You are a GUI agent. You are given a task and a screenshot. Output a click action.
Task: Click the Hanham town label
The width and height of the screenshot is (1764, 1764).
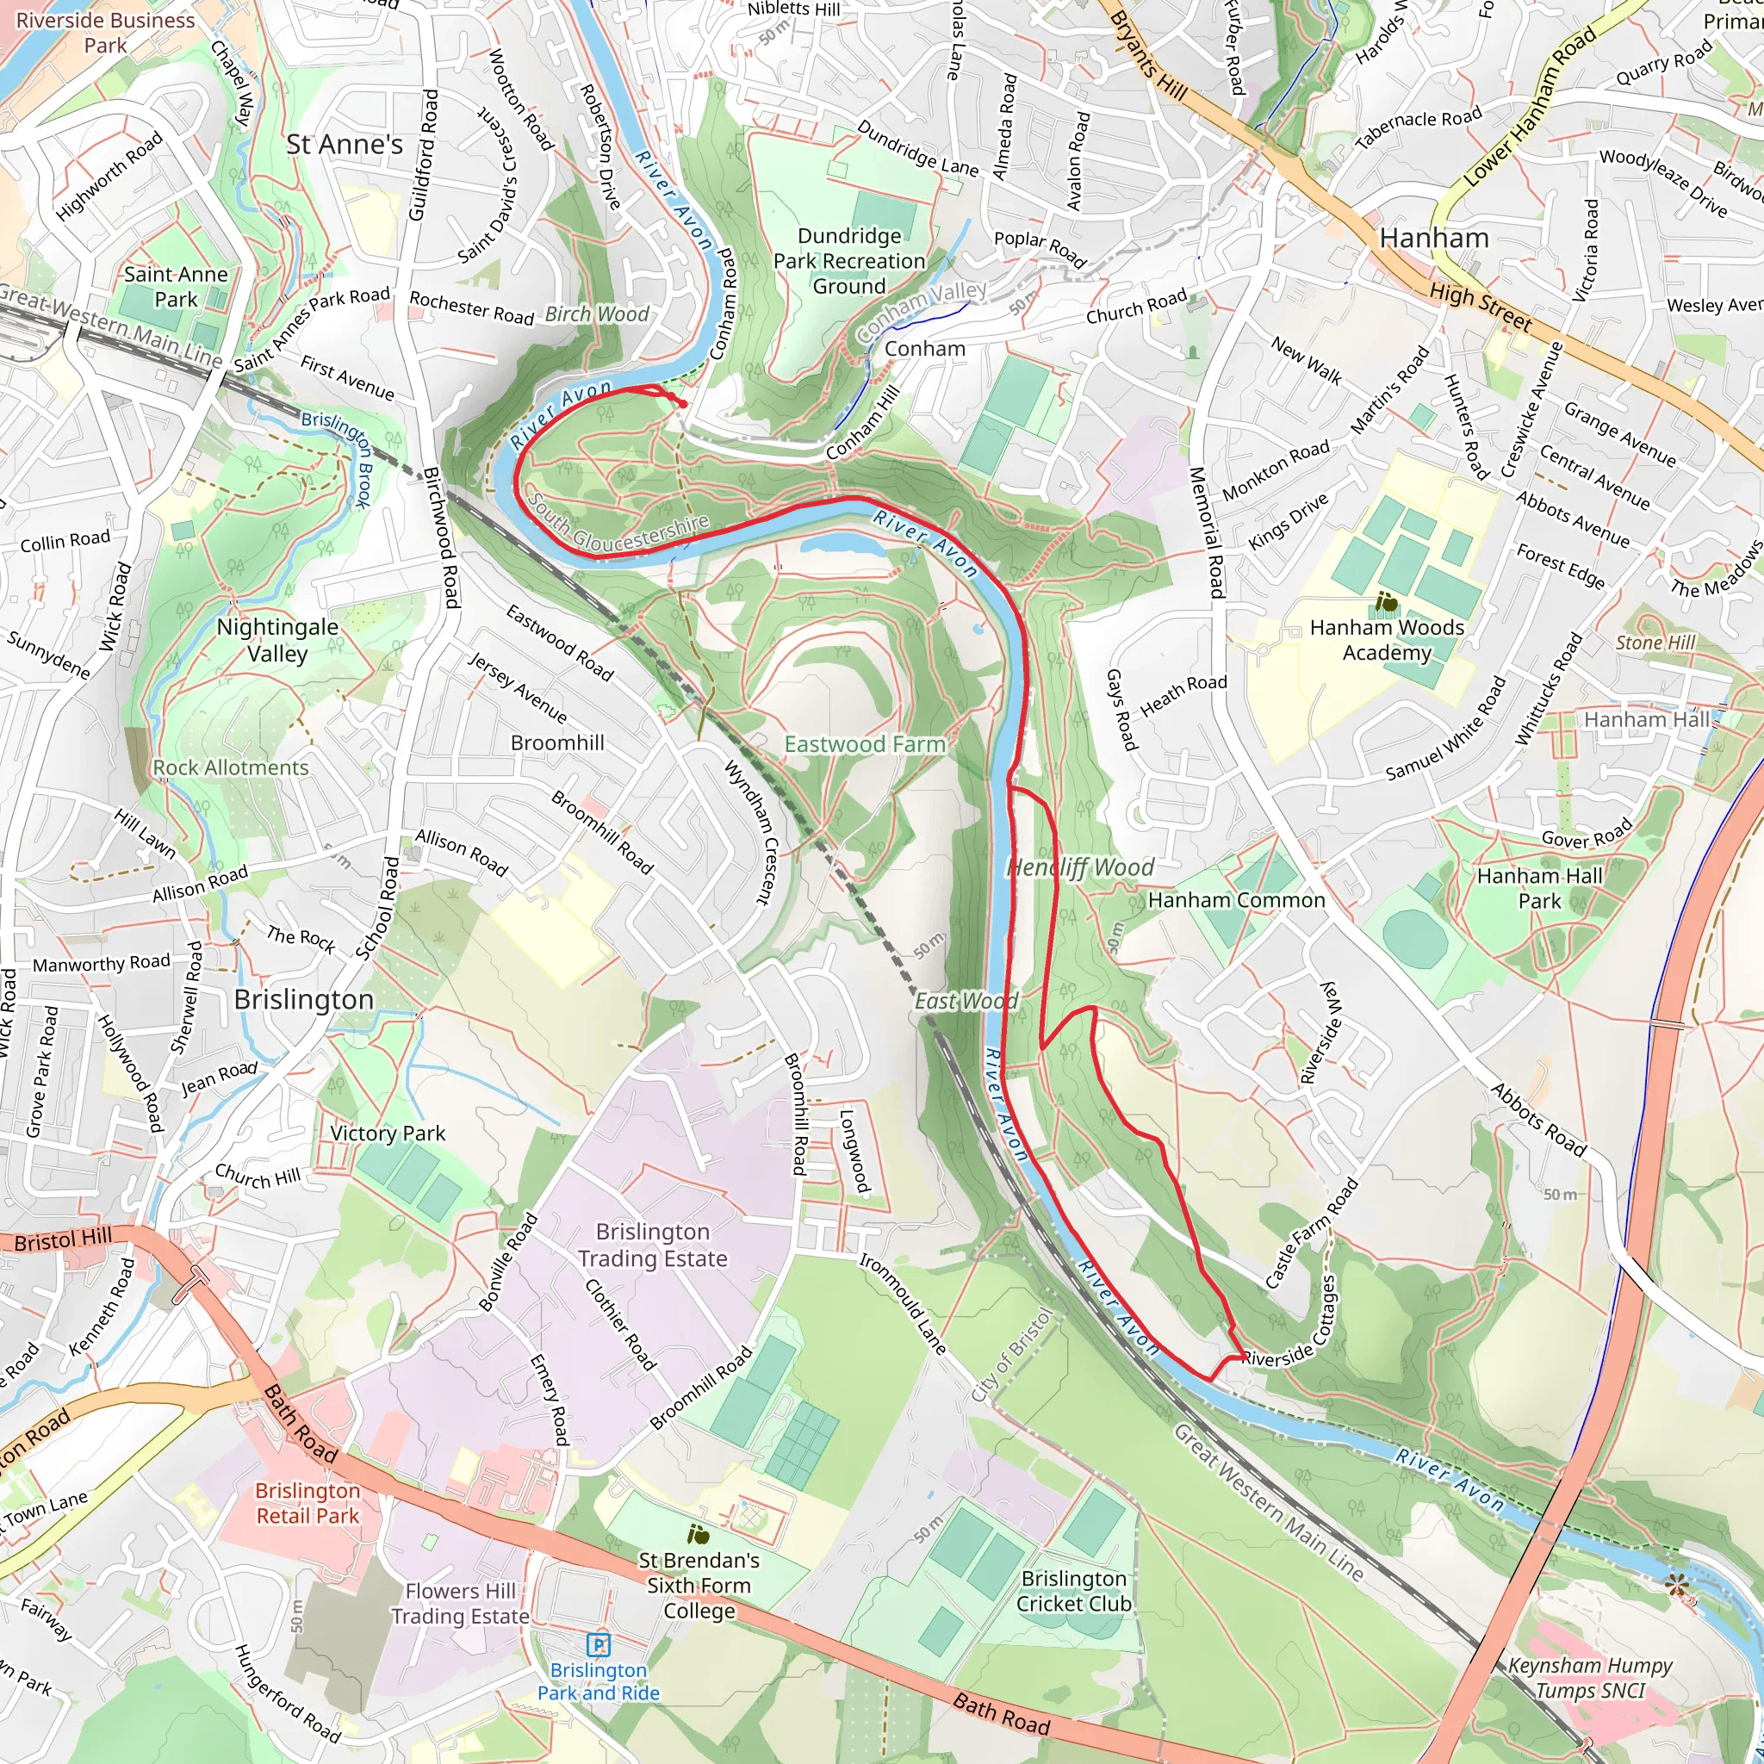point(1433,239)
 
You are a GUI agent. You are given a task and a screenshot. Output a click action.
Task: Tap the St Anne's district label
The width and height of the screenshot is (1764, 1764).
point(345,144)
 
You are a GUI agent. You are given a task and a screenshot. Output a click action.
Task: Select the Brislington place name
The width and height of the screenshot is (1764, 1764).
point(304,1000)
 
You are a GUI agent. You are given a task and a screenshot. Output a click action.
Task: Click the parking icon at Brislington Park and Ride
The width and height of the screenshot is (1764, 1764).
point(598,1644)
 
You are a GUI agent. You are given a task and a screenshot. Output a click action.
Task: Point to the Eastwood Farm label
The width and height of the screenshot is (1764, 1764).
point(865,744)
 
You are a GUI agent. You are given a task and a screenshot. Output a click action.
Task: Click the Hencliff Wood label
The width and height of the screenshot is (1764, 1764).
point(1080,867)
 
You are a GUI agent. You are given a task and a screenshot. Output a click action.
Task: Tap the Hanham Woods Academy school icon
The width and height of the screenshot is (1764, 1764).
point(1386,603)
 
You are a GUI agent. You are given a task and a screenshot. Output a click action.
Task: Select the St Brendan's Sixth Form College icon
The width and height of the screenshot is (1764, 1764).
point(699,1534)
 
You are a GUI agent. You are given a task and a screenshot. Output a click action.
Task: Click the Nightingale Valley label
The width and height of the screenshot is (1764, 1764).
point(277,640)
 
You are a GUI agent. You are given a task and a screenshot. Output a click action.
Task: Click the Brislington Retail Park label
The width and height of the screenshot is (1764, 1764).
point(307,1503)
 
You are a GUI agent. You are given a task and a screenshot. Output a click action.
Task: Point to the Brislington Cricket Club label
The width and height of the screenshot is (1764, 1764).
point(1074,1591)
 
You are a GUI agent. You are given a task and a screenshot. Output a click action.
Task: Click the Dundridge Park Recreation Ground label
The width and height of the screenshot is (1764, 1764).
point(849,261)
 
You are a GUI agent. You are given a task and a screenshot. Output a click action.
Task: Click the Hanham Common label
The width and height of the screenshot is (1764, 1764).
point(1236,900)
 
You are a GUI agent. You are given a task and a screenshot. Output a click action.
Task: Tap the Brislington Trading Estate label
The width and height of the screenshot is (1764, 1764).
point(652,1245)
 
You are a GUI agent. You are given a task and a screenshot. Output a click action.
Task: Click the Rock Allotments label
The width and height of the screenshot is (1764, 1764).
point(231,767)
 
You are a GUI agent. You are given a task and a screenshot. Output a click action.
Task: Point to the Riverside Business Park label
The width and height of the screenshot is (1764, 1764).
point(105,32)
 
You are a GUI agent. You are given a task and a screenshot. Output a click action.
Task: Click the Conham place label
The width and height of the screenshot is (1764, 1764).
point(924,349)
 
